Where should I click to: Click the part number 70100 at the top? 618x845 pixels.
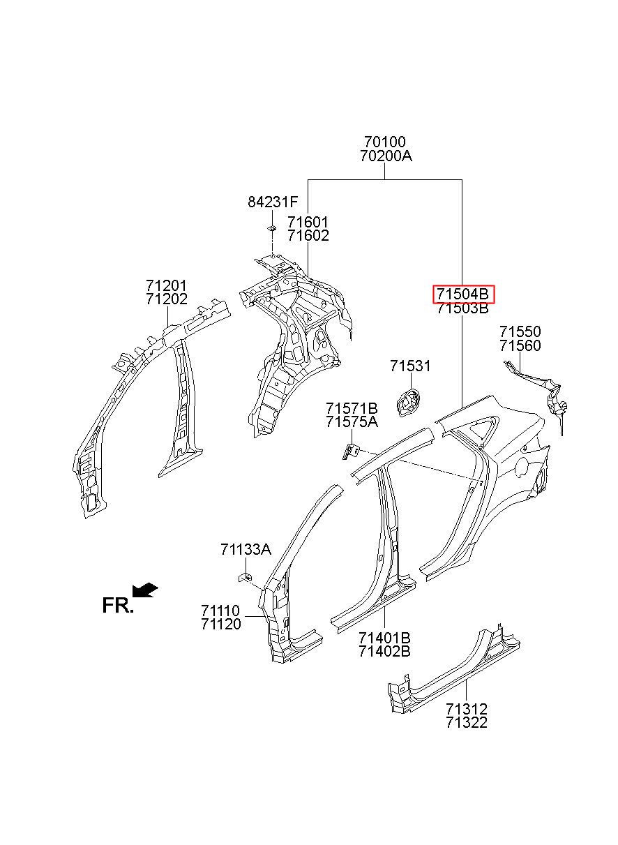coord(386,143)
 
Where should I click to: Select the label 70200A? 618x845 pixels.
coord(386,157)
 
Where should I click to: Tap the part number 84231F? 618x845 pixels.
coord(272,202)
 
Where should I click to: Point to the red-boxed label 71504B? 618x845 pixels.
coord(463,294)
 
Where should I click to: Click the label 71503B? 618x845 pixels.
coord(463,309)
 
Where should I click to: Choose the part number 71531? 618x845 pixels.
coord(410,366)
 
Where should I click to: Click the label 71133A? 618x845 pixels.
coord(246,549)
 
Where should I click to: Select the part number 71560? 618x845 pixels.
coord(520,346)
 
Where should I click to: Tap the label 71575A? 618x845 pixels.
coord(352,421)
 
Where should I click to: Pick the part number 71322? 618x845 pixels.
coord(467,722)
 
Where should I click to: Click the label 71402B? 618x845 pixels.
coord(384,652)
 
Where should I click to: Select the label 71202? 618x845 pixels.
coord(167,300)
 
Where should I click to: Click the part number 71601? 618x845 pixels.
coord(308,222)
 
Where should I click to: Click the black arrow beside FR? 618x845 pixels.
coord(146,590)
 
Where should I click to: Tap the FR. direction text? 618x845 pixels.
coord(117,605)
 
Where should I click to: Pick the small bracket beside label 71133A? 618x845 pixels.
coord(246,576)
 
